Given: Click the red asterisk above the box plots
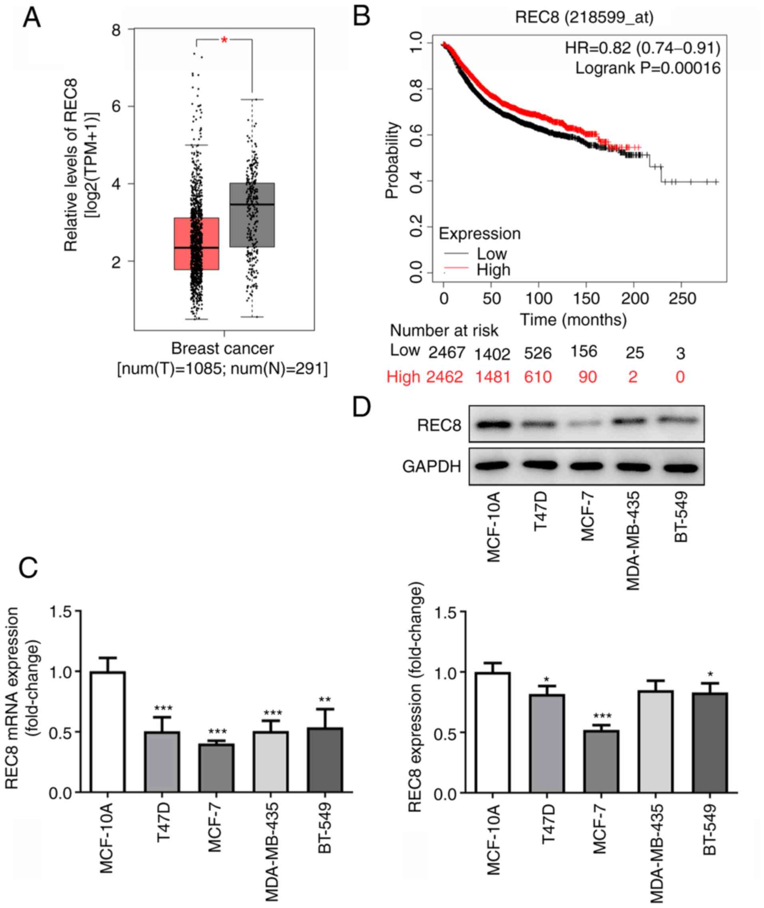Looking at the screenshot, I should [x=224, y=40].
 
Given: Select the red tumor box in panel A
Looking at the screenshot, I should [x=196, y=244].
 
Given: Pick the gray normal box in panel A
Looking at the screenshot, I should [x=252, y=215].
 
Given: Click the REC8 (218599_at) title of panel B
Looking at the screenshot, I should [x=584, y=17].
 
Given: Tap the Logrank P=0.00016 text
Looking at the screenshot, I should [x=647, y=68].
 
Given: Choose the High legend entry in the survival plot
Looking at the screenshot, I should [x=493, y=270].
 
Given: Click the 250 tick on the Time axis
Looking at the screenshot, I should [x=682, y=298].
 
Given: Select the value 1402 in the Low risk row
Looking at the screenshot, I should [x=492, y=354].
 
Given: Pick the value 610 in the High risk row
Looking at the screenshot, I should [x=538, y=376].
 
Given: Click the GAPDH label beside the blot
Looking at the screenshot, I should [x=431, y=467].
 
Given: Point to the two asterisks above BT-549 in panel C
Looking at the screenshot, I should [x=325, y=699].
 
